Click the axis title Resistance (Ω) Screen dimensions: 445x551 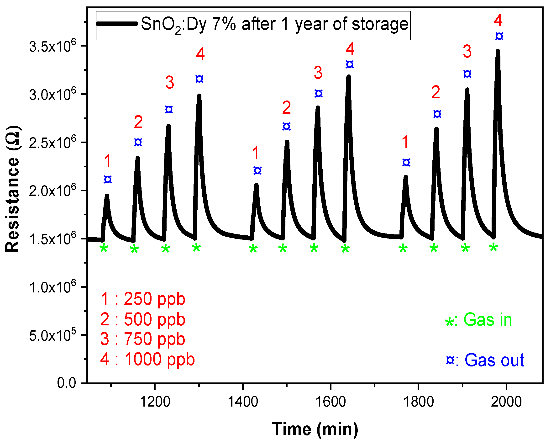click(13, 189)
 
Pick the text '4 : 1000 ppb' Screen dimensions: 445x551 click(147, 359)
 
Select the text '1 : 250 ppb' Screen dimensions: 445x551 click(143, 299)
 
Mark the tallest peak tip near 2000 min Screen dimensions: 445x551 click(498, 52)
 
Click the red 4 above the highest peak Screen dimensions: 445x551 click(498, 20)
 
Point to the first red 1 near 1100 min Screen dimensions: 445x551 click(107, 161)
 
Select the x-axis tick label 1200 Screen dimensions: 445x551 click(155, 402)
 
